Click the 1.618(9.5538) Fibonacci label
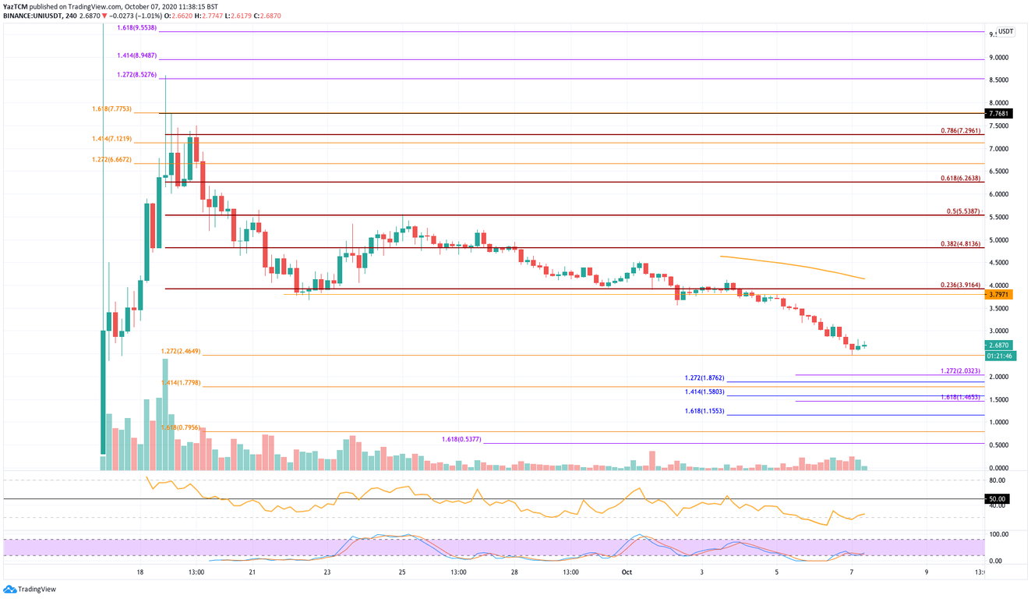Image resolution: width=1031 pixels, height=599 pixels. [x=136, y=28]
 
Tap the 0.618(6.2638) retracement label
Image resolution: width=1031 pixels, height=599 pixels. [x=957, y=179]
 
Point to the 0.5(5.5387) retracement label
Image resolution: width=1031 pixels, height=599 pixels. [x=959, y=211]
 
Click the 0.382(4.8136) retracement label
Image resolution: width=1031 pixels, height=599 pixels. [x=957, y=244]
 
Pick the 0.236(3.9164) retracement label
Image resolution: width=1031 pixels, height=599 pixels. [x=957, y=285]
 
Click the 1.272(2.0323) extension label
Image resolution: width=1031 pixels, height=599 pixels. [x=957, y=371]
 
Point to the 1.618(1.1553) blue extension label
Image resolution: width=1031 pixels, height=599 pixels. [x=704, y=411]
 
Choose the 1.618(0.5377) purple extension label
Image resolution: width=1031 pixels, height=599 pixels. [x=461, y=440]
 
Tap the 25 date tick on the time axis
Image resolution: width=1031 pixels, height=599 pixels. [x=402, y=572]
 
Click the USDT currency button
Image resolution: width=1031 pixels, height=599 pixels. [x=1006, y=31]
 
